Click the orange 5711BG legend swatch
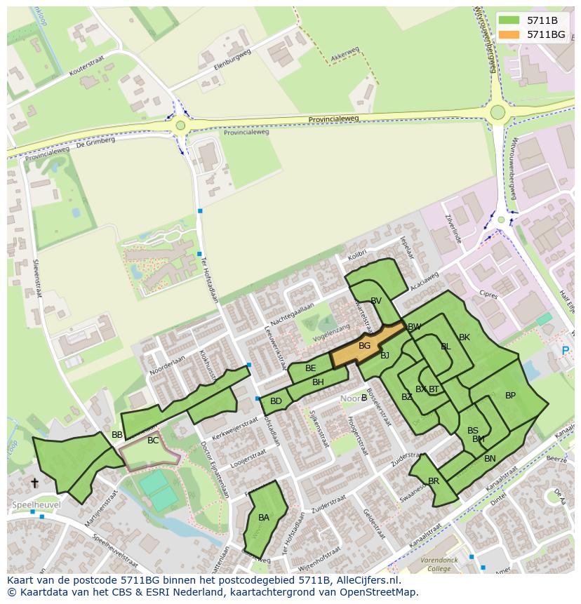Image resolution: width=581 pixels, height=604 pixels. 510,34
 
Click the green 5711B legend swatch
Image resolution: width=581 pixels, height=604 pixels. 510,20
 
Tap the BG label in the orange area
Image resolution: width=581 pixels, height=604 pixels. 364,346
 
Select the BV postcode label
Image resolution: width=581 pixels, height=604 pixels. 376,301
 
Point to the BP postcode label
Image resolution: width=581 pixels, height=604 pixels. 510,396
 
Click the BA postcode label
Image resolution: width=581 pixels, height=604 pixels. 264,518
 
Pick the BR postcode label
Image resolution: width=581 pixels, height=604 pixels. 434,481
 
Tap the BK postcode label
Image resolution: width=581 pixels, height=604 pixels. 464,337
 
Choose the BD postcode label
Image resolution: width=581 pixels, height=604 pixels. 276,401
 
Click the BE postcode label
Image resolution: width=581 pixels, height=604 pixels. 310,368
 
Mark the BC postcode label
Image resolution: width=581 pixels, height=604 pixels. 153,441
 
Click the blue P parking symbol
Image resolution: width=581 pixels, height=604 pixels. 566,350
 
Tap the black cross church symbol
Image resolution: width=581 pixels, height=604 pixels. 34,483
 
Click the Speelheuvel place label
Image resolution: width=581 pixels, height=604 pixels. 36,504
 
